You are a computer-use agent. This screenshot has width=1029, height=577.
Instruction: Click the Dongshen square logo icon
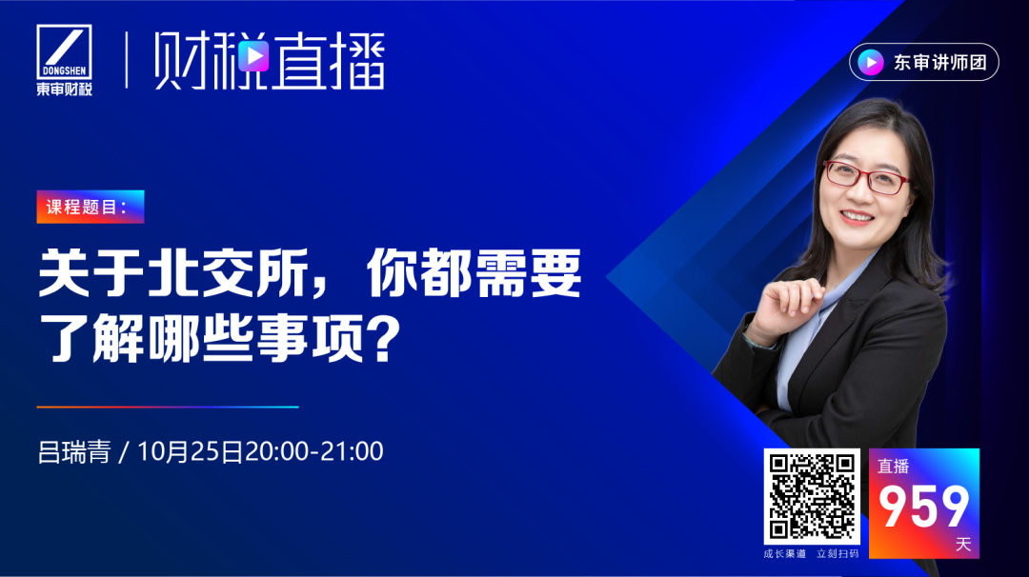[x=65, y=51]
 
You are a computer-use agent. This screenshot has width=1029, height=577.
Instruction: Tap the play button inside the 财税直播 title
[x=253, y=56]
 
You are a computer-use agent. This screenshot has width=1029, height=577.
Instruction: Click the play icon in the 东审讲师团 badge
[x=871, y=62]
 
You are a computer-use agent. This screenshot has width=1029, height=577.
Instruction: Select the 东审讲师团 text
[x=939, y=62]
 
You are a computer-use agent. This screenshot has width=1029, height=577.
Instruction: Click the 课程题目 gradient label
[x=91, y=207]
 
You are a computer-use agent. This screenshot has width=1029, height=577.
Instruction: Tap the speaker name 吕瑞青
[x=74, y=451]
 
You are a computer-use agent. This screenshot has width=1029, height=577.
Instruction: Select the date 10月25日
[x=190, y=451]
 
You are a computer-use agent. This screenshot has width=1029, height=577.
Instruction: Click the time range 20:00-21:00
[x=313, y=451]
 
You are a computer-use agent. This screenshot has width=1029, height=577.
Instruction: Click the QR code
[x=812, y=496]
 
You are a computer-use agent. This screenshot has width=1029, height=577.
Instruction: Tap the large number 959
[x=923, y=507]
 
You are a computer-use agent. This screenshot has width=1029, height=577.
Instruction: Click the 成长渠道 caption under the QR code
[x=785, y=554]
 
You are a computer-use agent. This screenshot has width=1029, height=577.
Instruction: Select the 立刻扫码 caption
[x=838, y=554]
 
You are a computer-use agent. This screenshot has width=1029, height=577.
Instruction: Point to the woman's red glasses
[x=866, y=177]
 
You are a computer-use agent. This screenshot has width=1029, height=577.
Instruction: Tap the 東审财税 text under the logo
[x=65, y=89]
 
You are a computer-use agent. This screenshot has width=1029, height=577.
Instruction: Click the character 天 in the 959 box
[x=962, y=545]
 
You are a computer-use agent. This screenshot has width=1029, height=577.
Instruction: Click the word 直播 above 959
[x=893, y=467]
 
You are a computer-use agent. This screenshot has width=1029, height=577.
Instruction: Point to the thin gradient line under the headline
[x=168, y=408]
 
